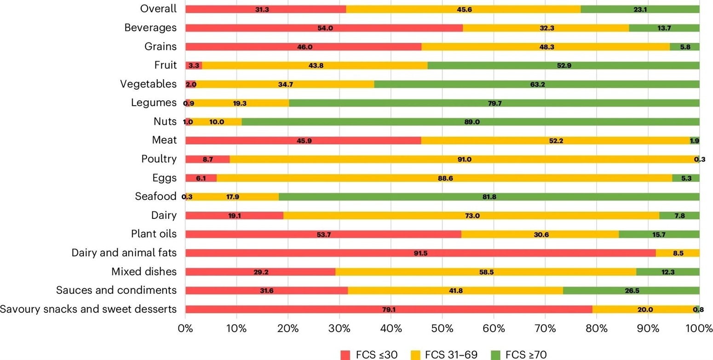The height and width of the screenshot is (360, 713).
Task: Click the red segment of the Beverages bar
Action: click(323, 28)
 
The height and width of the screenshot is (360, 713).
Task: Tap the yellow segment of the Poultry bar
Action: click(464, 159)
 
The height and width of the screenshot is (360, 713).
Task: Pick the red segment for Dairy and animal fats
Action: click(420, 253)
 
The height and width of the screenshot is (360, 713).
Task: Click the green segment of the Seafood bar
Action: click(489, 197)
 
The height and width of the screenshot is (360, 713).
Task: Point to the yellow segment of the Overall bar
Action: click(463, 9)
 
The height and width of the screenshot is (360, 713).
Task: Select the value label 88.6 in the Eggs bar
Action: click(445, 178)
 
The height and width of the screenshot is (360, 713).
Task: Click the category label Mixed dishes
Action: click(144, 272)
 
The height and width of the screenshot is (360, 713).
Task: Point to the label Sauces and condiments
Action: click(116, 291)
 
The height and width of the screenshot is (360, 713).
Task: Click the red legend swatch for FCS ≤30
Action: click(345, 354)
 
